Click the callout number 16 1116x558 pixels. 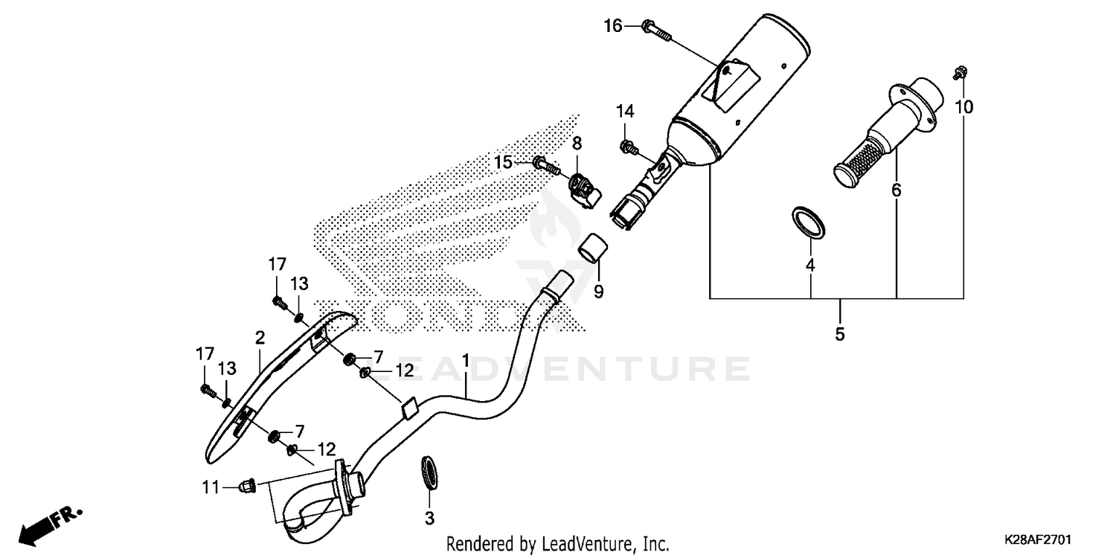[x=612, y=27]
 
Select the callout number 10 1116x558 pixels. [x=963, y=107]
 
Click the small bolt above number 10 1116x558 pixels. [x=959, y=73]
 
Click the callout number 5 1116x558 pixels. [x=840, y=334]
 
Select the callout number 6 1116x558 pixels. [x=897, y=190]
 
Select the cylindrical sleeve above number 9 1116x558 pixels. [x=593, y=248]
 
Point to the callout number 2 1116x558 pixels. [x=260, y=338]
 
